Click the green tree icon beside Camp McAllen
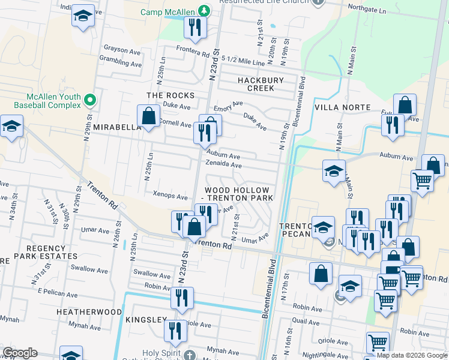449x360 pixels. [x=205, y=11]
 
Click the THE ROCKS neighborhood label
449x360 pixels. [x=171, y=96]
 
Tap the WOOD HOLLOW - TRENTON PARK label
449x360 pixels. [x=240, y=194]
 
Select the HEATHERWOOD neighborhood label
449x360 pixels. [x=85, y=312]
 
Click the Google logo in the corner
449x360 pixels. [x=20, y=353]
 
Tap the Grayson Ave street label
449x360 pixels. [x=122, y=49]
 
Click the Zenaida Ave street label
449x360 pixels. [x=223, y=165]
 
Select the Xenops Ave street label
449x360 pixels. [x=170, y=196]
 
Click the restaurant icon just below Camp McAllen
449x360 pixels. [x=196, y=27]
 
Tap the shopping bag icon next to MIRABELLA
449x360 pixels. [x=148, y=116]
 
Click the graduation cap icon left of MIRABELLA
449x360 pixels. [x=11, y=127]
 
